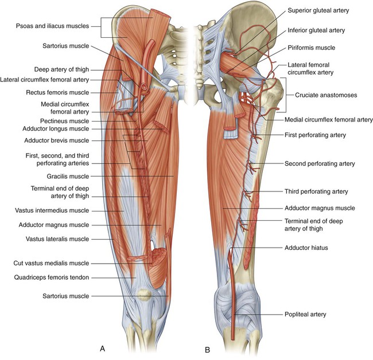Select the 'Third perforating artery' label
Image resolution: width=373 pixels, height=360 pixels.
(316, 191)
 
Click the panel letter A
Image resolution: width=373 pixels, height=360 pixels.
(102, 348)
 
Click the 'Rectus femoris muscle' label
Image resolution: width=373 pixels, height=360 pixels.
(54, 92)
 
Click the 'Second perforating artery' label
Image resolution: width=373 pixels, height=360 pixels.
(320, 163)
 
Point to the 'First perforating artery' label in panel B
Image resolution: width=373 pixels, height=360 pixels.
(314, 135)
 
